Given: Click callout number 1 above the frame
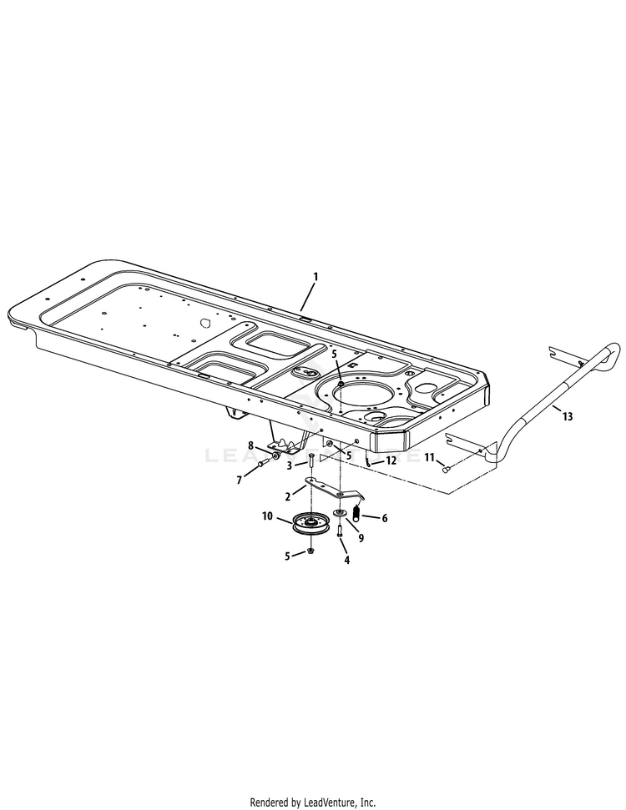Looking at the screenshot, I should [316, 275].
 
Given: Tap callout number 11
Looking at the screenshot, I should [429, 457].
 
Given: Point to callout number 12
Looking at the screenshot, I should [392, 460].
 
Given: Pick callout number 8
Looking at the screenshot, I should [250, 446].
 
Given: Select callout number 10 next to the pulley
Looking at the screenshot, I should [267, 516].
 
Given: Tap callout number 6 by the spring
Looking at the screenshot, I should [385, 518].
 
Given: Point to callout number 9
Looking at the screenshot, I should [361, 538].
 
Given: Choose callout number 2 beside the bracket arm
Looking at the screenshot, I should [288, 497].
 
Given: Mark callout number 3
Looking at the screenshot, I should [290, 465].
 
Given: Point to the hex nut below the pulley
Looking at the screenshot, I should [310, 552].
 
